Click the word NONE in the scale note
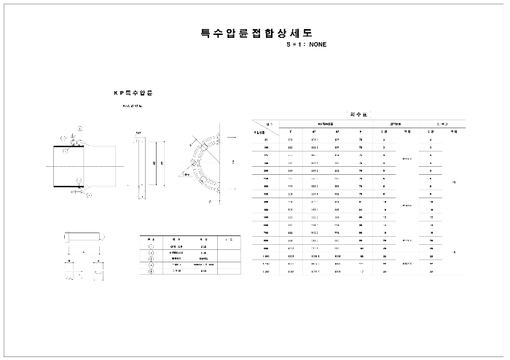point(318,44)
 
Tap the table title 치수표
point(358,115)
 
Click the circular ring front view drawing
point(208,162)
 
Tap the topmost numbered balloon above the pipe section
point(81,128)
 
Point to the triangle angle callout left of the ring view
point(187,175)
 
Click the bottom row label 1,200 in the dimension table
point(266,271)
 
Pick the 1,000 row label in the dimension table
point(266,256)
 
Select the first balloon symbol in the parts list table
point(151,246)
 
